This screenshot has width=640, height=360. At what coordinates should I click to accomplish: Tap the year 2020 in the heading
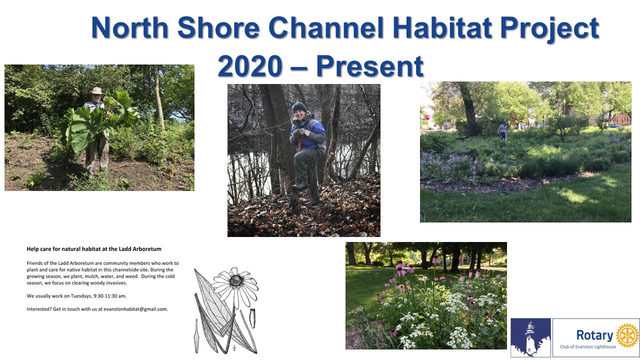250,66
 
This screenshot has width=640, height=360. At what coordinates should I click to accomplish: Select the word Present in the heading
370,66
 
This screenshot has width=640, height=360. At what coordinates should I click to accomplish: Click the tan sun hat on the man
96,91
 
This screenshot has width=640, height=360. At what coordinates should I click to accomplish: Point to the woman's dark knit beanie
299,107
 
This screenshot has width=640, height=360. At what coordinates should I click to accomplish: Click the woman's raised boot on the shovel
299,186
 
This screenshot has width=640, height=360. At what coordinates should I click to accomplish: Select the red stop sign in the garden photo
427,117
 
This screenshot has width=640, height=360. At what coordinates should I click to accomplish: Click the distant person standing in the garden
503,131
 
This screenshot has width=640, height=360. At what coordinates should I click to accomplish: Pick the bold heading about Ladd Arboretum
94,249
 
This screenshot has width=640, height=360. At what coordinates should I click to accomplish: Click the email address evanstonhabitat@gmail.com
135,309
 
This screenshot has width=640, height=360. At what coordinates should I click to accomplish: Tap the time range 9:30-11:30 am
109,296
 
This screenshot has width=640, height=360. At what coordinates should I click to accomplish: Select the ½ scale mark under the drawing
234,347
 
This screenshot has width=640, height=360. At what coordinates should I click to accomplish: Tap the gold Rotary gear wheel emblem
627,335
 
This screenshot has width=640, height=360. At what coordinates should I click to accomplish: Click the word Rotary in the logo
594,335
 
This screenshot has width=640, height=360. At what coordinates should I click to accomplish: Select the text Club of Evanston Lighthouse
588,346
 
